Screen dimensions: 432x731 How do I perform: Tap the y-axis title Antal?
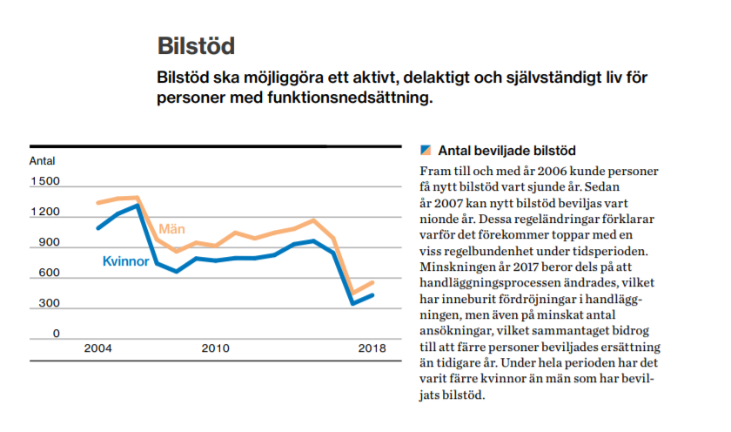point(42,161)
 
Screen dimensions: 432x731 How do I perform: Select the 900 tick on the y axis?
point(50,243)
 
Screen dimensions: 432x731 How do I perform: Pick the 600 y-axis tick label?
point(50,273)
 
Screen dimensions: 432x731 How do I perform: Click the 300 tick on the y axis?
point(50,304)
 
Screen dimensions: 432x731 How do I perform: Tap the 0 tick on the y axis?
point(56,334)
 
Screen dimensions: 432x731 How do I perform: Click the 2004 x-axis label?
point(97,349)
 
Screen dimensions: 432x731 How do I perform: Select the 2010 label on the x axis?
point(215,349)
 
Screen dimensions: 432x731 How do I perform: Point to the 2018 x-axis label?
point(372,349)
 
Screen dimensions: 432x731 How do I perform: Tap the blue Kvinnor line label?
point(126,261)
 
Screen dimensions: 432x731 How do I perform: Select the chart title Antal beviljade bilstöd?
point(506,151)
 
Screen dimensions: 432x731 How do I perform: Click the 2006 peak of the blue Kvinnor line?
point(137,206)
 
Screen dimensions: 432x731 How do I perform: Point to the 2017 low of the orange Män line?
point(353,293)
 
